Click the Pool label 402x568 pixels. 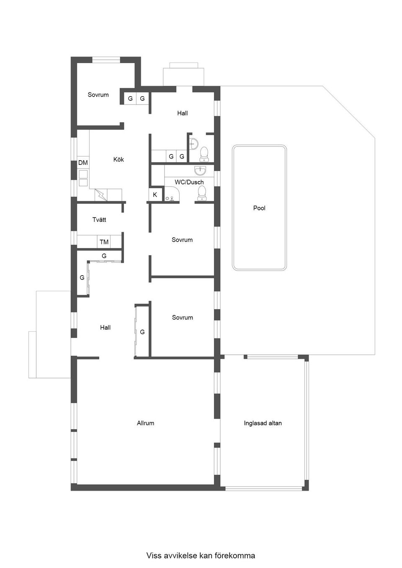[x=259, y=208]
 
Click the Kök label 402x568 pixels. [x=119, y=159]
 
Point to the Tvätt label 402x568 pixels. [x=99, y=220]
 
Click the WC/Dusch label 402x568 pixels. [x=189, y=182]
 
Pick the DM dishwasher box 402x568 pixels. [x=83, y=163]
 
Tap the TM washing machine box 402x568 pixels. [x=104, y=242]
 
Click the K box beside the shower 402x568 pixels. [x=155, y=195]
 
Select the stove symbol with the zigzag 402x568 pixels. [x=101, y=195]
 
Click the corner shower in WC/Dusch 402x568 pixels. [x=173, y=194]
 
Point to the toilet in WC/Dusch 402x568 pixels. [x=202, y=193]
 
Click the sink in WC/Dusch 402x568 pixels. [x=201, y=171]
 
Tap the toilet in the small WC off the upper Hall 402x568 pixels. [x=204, y=154]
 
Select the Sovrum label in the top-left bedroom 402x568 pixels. [x=98, y=95]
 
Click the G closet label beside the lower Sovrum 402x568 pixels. [x=142, y=332]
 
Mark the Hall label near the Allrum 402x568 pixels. [x=106, y=327]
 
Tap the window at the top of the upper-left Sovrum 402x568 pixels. [x=106, y=59]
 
